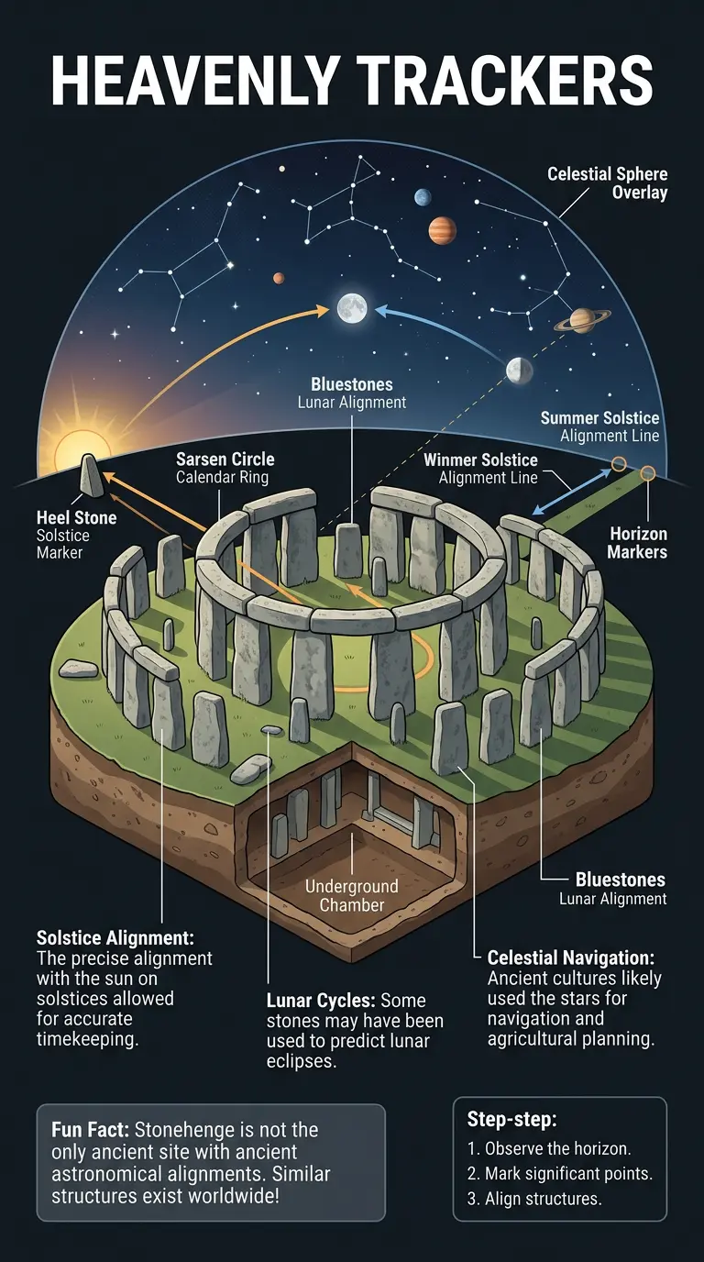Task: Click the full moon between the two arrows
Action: click(x=351, y=307)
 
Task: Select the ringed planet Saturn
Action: click(x=581, y=320)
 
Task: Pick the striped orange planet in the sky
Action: click(x=442, y=229)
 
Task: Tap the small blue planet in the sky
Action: click(x=422, y=196)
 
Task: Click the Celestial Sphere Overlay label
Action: click(x=607, y=183)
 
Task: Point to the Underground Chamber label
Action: click(x=352, y=896)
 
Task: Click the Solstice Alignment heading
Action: click(x=115, y=938)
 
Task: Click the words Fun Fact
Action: click(x=86, y=1131)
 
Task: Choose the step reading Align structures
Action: click(x=534, y=1199)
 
